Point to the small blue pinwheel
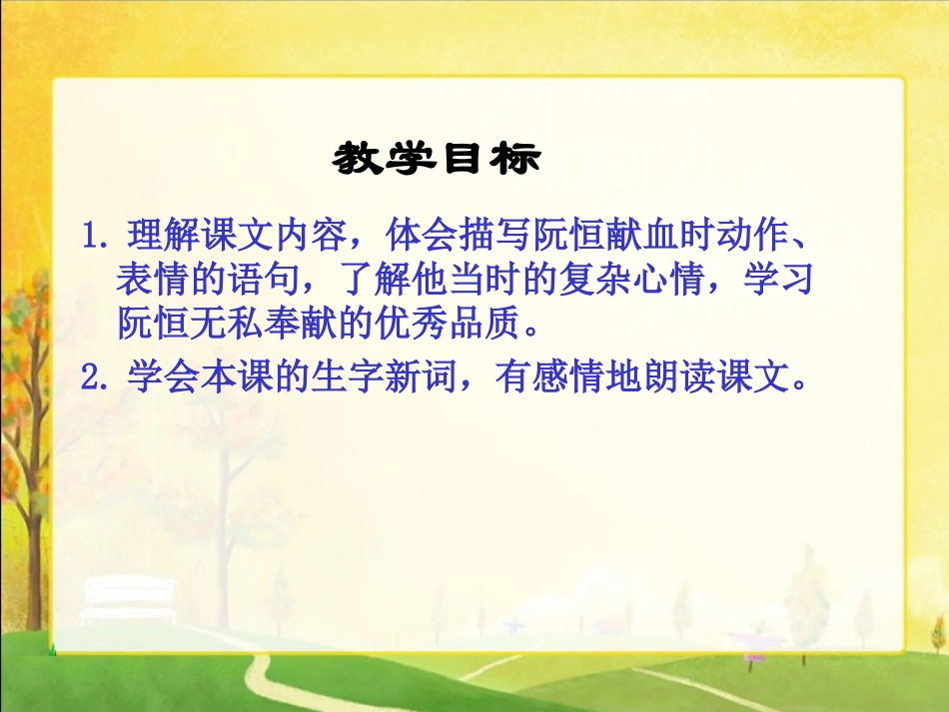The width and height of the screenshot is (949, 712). pyautogui.click(x=515, y=627)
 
